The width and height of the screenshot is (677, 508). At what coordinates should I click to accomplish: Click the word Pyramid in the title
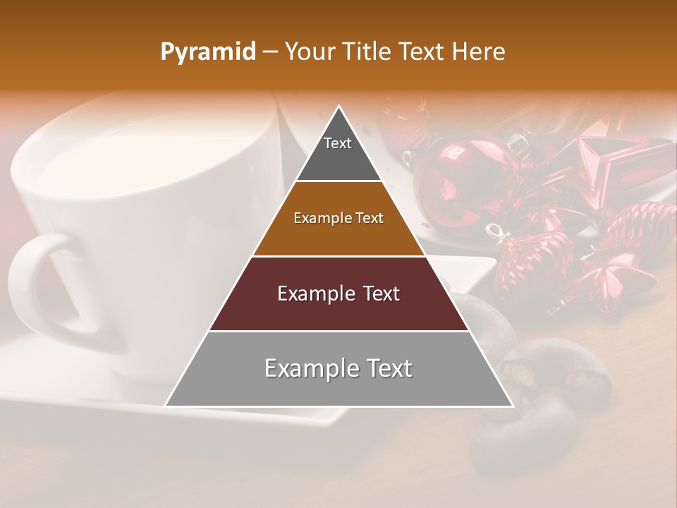(207, 52)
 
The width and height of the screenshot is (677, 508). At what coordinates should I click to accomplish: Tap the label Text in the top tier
(338, 143)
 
